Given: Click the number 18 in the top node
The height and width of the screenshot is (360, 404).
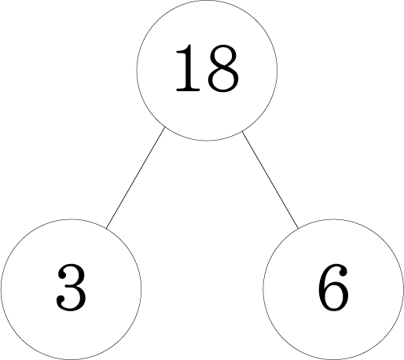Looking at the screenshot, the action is pyautogui.click(x=207, y=68).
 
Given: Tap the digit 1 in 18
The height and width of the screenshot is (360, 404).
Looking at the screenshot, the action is pyautogui.click(x=188, y=68).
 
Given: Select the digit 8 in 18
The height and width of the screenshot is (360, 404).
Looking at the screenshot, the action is pyautogui.click(x=223, y=68).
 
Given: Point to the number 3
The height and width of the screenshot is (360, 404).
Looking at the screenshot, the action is pyautogui.click(x=71, y=288).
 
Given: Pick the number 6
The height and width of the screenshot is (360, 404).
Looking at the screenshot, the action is pyautogui.click(x=333, y=288).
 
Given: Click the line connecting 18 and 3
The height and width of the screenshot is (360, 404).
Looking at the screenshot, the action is pyautogui.click(x=135, y=178).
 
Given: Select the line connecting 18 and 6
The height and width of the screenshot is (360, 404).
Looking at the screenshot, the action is pyautogui.click(x=270, y=179).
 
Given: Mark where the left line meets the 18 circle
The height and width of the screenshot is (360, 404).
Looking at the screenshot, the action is pyautogui.click(x=164, y=127).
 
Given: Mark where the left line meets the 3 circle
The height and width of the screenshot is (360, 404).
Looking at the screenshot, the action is pyautogui.click(x=106, y=228).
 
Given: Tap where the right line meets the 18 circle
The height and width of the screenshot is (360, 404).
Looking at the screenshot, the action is pyautogui.click(x=242, y=131).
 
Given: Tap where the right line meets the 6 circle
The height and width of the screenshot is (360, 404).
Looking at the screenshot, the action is pyautogui.click(x=298, y=228).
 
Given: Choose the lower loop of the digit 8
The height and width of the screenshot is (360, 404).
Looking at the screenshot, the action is pyautogui.click(x=223, y=79).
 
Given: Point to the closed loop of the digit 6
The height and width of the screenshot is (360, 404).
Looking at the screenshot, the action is pyautogui.click(x=334, y=297).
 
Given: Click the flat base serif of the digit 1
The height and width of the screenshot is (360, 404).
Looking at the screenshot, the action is pyautogui.click(x=188, y=90).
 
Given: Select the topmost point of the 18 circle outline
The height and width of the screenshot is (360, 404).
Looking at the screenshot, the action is pyautogui.click(x=207, y=1).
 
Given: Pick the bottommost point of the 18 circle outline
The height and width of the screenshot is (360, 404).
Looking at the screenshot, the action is pyautogui.click(x=207, y=141).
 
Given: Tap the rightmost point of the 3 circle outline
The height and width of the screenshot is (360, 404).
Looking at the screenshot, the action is pyautogui.click(x=141, y=289).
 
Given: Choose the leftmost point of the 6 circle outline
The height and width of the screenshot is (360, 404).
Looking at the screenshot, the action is pyautogui.click(x=263, y=289).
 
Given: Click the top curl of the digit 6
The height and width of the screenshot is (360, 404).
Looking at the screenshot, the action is pyautogui.click(x=339, y=270).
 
